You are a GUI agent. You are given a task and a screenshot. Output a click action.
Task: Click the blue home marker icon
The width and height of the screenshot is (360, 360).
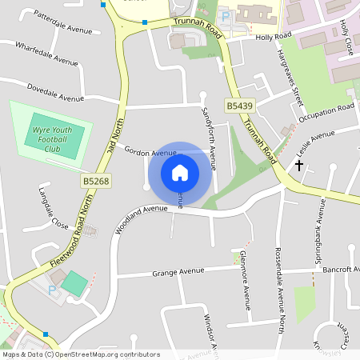tap(180, 172)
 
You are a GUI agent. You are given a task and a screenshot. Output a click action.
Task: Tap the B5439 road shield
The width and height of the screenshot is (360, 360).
tap(239, 106)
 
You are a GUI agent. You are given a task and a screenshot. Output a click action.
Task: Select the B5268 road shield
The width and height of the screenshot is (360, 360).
tap(95, 182)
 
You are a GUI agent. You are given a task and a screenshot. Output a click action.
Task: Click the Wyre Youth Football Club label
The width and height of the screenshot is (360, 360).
tap(52, 138)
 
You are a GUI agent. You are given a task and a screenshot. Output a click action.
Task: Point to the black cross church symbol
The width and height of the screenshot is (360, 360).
tap(299, 166)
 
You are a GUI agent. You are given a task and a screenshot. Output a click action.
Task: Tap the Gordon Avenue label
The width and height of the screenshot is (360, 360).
tap(149, 153)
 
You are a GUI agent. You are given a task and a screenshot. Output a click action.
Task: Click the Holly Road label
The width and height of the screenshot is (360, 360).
tap(273, 37)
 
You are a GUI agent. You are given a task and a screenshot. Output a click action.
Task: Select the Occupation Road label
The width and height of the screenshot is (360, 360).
tap(326, 113)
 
